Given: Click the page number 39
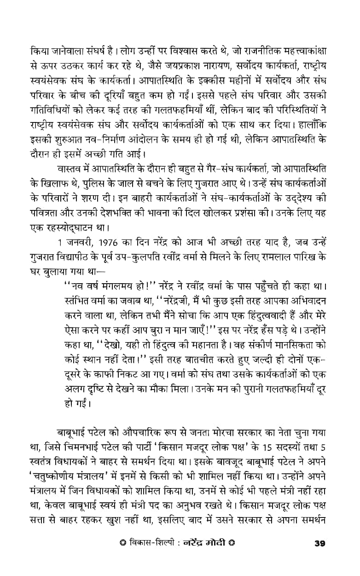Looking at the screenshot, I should point(320,556).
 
